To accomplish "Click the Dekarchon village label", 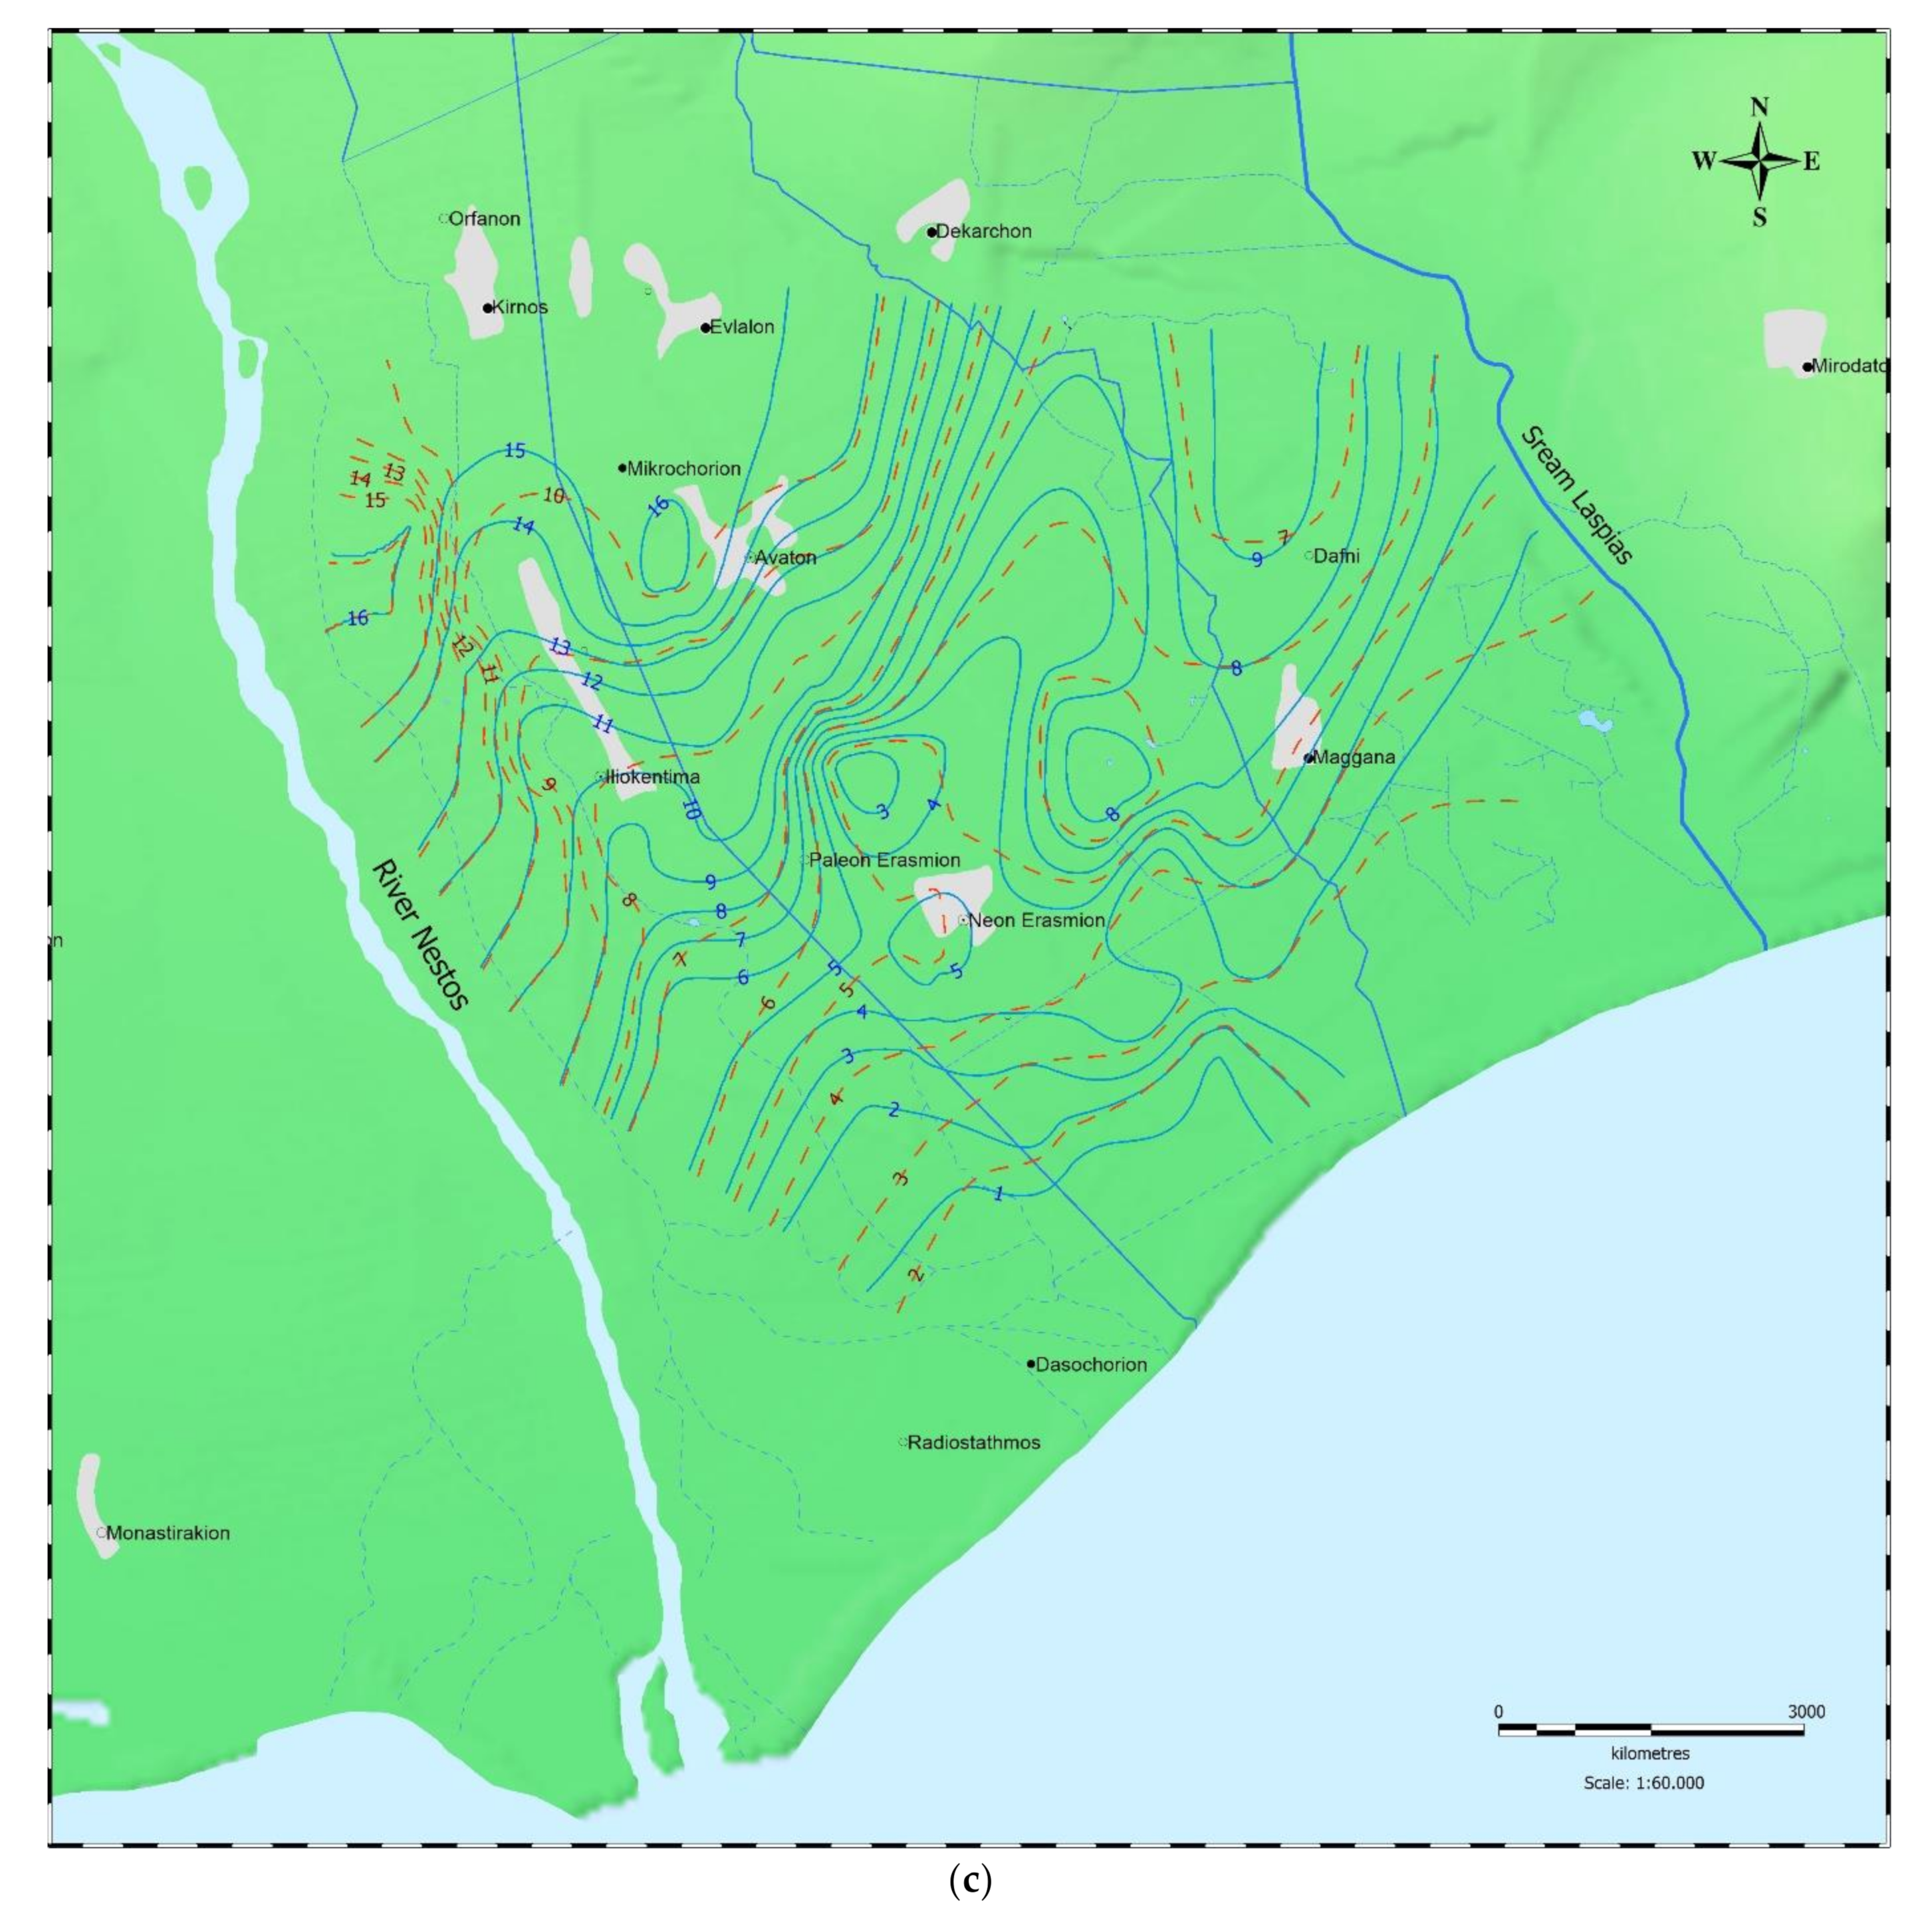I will [983, 231].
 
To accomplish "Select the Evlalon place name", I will [741, 327].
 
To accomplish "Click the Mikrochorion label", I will [683, 468].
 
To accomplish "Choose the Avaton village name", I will [784, 558].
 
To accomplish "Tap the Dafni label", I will [1336, 556].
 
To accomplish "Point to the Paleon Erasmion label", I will [884, 859].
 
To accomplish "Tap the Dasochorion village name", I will [1091, 1364].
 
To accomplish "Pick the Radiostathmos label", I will [973, 1442].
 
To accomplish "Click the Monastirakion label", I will [168, 1533].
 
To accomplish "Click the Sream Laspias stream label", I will [1577, 496].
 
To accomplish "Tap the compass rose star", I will [1759, 161].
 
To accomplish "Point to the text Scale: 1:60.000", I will [1643, 1783].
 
